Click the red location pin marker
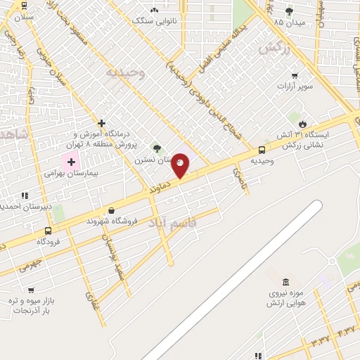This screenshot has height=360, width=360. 181,165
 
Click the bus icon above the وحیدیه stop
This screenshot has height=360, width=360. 262,149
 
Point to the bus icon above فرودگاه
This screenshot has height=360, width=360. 48,231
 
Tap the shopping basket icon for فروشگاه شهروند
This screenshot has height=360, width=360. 111,210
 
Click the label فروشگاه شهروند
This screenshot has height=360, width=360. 110,221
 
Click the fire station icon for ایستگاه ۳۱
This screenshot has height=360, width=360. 303,123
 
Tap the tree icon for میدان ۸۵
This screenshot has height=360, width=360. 289,11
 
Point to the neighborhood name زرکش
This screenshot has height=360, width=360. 275,47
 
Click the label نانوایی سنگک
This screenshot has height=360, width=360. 153,20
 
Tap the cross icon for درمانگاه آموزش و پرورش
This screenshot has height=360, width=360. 102,123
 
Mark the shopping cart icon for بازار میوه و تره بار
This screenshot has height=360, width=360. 31,290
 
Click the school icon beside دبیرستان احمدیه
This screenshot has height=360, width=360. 25,195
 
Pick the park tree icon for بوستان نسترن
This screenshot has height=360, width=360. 156,149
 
